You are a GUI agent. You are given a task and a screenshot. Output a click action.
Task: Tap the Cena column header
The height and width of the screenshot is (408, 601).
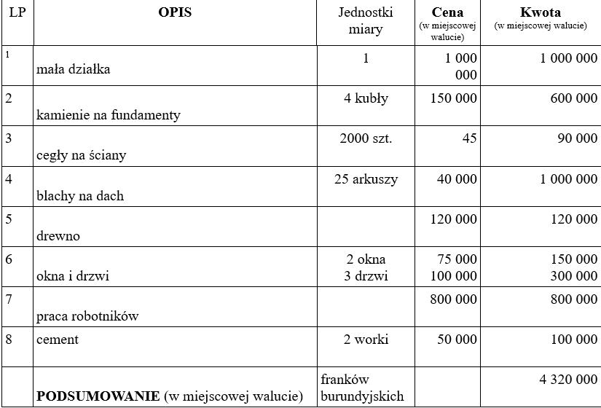(447, 13)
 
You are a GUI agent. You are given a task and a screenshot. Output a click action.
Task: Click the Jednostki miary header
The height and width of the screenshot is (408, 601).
(366, 21)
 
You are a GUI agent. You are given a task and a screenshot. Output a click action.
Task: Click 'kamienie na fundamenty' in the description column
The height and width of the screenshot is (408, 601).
(109, 114)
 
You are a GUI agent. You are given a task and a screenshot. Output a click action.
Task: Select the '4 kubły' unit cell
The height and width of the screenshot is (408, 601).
(366, 99)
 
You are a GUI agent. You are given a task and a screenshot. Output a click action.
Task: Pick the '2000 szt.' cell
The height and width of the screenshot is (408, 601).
(366, 139)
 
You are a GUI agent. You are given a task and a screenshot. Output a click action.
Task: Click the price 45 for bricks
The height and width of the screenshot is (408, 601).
(469, 139)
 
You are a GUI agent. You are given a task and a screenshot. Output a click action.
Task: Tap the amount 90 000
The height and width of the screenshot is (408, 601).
(577, 139)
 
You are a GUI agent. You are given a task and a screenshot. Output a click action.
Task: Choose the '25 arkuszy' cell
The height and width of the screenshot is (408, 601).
(366, 179)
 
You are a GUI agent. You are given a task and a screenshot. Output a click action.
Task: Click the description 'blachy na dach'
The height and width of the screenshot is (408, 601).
(80, 195)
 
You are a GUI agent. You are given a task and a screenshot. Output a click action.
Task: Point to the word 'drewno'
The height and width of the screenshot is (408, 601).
(58, 236)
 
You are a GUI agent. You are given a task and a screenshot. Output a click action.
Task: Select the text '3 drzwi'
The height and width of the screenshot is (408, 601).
(366, 276)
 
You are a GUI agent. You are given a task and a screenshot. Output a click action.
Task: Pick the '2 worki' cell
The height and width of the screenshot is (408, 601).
(366, 340)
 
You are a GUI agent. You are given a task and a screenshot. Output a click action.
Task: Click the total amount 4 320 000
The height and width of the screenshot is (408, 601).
(563, 380)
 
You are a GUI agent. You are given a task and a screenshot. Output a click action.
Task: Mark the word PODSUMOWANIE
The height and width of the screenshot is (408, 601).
(99, 396)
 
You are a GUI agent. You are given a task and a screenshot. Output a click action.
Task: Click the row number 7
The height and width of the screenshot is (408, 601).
(9, 299)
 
